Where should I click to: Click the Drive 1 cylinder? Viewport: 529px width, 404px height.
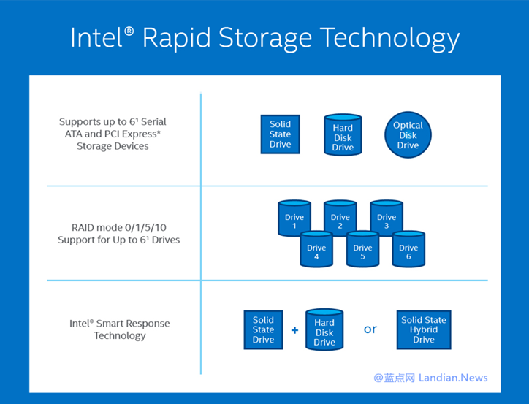click(x=294, y=218)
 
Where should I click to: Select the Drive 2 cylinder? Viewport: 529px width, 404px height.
click(x=340, y=218)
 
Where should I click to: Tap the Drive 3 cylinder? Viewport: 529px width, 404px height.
click(x=387, y=218)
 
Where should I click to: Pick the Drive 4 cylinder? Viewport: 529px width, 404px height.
click(x=316, y=249)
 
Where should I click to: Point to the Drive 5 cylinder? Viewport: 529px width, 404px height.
click(x=362, y=249)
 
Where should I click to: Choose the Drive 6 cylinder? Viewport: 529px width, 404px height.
click(x=408, y=249)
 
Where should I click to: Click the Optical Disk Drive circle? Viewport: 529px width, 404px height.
click(x=408, y=135)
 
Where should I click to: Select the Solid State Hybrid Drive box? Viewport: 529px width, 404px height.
click(x=423, y=329)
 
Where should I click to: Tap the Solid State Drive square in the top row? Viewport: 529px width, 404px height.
click(x=280, y=134)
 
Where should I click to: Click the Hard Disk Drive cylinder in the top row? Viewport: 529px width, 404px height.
click(x=343, y=135)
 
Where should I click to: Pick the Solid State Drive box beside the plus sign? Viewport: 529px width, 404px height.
click(x=263, y=329)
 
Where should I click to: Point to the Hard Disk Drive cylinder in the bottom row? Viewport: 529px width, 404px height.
click(x=324, y=329)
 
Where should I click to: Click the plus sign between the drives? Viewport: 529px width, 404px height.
click(x=294, y=330)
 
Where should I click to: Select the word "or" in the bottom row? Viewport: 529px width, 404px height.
click(x=370, y=329)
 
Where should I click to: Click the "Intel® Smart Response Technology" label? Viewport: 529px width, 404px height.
click(x=119, y=329)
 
